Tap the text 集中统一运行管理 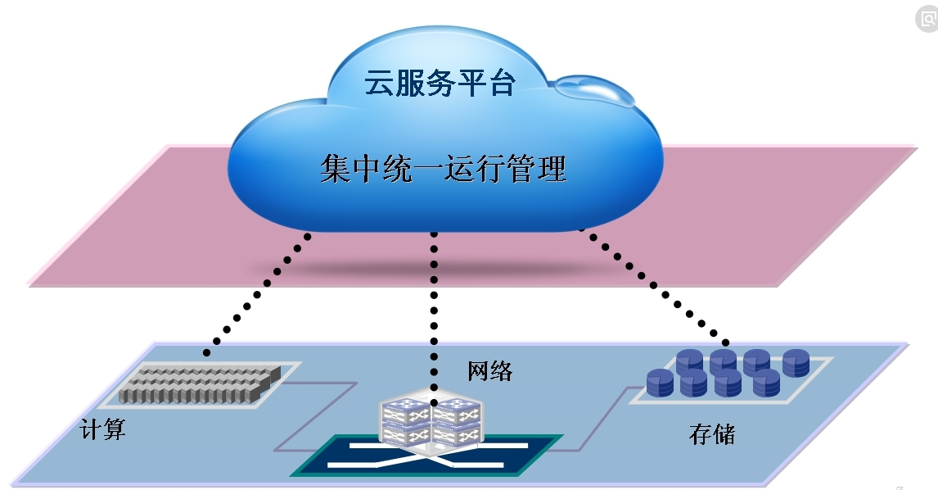pos(443,170)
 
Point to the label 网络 pos(490,371)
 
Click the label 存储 pos(711,433)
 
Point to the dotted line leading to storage pos(655,287)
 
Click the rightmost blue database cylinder pos(796,363)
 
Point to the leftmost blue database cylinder pos(659,382)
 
